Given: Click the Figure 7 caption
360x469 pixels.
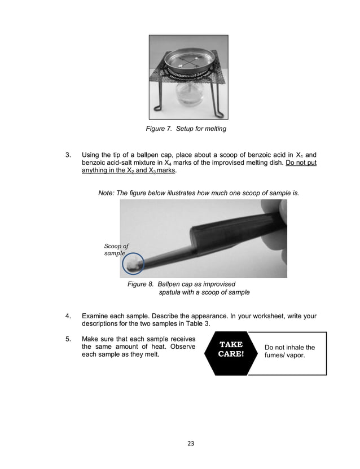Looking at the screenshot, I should click(186, 129).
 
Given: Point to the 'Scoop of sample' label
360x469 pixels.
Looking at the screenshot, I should click(117, 249).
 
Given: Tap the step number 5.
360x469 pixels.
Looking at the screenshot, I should click(68, 339).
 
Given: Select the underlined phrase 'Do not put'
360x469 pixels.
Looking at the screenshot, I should click(301, 163).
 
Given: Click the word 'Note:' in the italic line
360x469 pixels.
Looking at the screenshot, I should click(107, 192).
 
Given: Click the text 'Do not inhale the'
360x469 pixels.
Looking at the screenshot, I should click(289, 347).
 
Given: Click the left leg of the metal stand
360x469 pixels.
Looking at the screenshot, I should click(159, 100).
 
